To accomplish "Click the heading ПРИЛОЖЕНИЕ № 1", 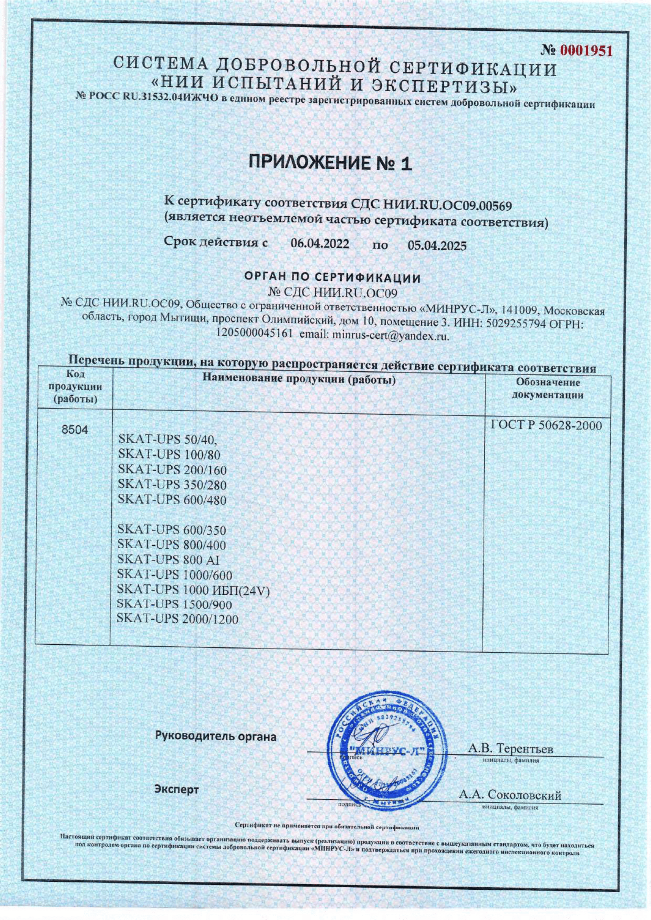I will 330,164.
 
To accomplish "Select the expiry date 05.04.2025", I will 437,245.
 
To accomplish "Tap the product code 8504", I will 74,430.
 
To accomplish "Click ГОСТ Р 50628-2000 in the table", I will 546,425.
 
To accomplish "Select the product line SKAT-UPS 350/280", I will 172,485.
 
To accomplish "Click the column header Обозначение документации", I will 547,389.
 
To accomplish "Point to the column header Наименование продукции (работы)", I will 299,379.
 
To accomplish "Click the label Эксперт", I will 176,789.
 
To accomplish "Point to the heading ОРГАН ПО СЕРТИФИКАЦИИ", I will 332,277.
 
